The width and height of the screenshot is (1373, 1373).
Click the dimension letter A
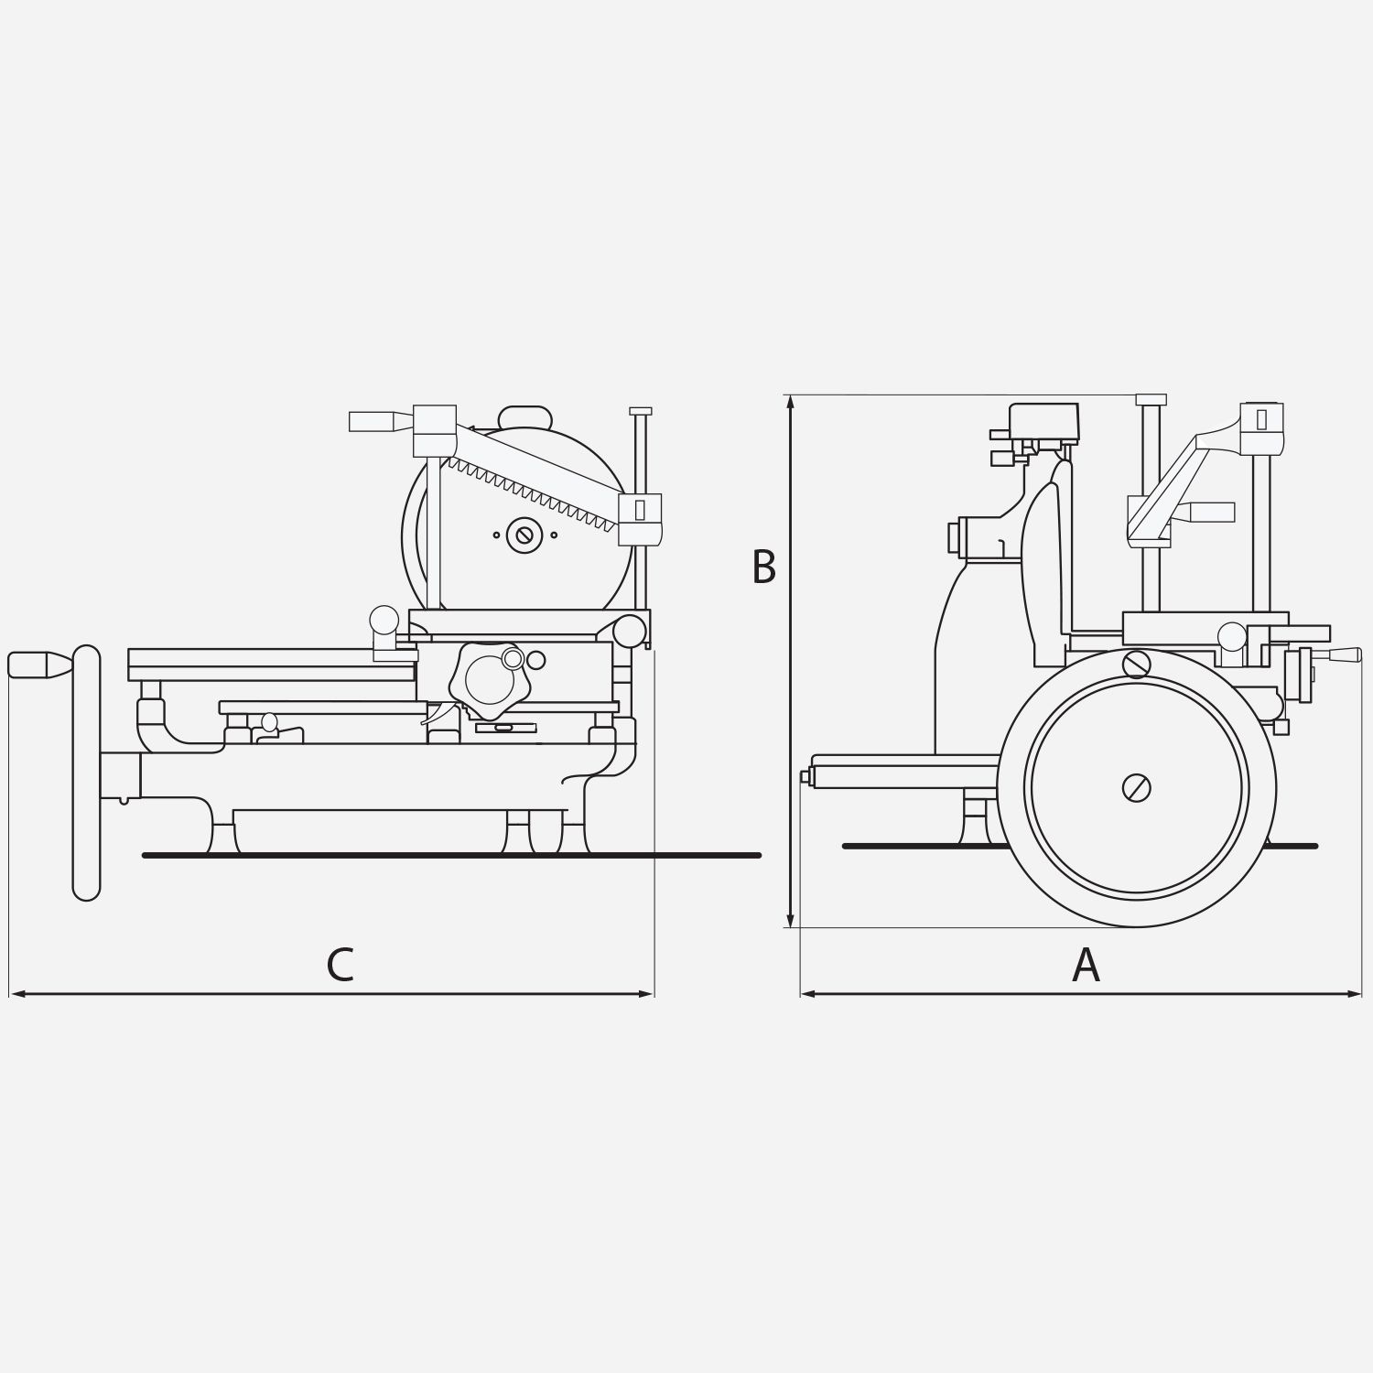(1086, 965)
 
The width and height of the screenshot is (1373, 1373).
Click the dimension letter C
(340, 965)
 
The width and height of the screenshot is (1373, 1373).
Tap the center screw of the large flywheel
(1136, 788)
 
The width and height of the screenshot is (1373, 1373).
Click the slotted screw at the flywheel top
(1136, 664)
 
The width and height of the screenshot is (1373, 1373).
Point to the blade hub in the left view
(524, 535)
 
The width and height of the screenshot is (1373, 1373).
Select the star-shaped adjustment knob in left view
(492, 679)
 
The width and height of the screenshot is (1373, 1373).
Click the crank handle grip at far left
(37, 664)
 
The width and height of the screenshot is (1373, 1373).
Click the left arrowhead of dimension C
(16, 993)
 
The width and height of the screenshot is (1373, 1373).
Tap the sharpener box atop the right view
(1043, 421)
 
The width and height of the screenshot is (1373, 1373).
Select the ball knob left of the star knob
(384, 620)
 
